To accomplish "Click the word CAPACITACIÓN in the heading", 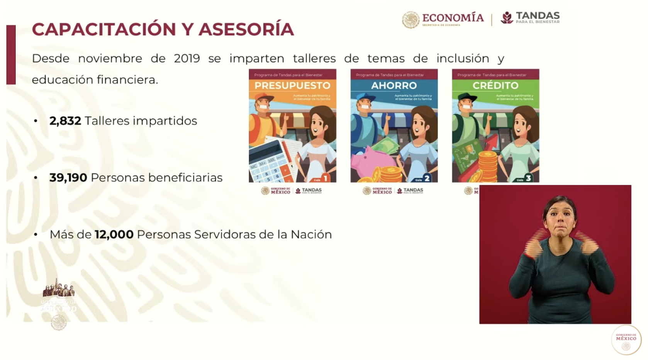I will click(x=98, y=29).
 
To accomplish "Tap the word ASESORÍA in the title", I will click(x=246, y=29).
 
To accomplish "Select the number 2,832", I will click(x=65, y=121).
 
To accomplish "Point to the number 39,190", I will click(x=68, y=178).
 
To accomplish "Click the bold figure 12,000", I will click(x=114, y=234).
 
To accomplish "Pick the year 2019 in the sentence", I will click(x=187, y=59).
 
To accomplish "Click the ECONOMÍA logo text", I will click(x=453, y=18).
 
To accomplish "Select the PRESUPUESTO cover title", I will click(x=292, y=85).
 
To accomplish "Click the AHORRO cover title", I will click(x=394, y=85).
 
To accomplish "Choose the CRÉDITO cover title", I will click(x=495, y=85).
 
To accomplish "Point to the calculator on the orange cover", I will click(x=270, y=162).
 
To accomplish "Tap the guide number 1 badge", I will click(x=326, y=178).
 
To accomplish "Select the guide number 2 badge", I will click(x=427, y=178).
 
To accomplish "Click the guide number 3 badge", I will click(x=528, y=178).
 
